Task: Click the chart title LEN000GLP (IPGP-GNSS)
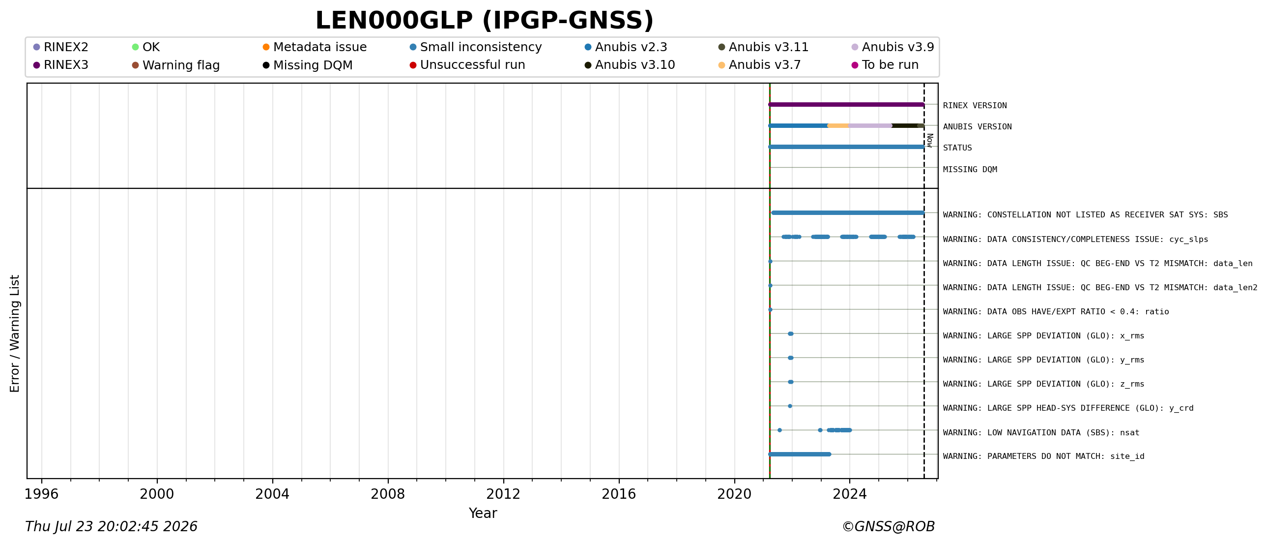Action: point(485,21)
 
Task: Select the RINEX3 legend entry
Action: point(61,65)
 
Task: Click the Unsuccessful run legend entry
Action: point(467,65)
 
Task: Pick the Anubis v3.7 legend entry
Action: point(759,65)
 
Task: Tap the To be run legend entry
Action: point(885,65)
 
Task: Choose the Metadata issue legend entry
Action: point(315,47)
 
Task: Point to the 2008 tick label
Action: point(388,494)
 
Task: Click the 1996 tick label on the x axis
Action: point(41,494)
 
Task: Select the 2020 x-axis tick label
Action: point(734,494)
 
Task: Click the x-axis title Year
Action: point(483,513)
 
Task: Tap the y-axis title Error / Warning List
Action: point(15,333)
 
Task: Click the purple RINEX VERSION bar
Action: point(846,104)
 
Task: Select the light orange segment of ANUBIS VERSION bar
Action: point(838,125)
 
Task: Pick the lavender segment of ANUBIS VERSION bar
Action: point(870,125)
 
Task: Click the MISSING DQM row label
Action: point(970,169)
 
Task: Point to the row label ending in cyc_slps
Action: point(1075,239)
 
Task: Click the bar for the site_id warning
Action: point(800,454)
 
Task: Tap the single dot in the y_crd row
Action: point(790,406)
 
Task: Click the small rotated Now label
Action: point(929,140)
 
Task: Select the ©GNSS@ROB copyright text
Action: point(888,527)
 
